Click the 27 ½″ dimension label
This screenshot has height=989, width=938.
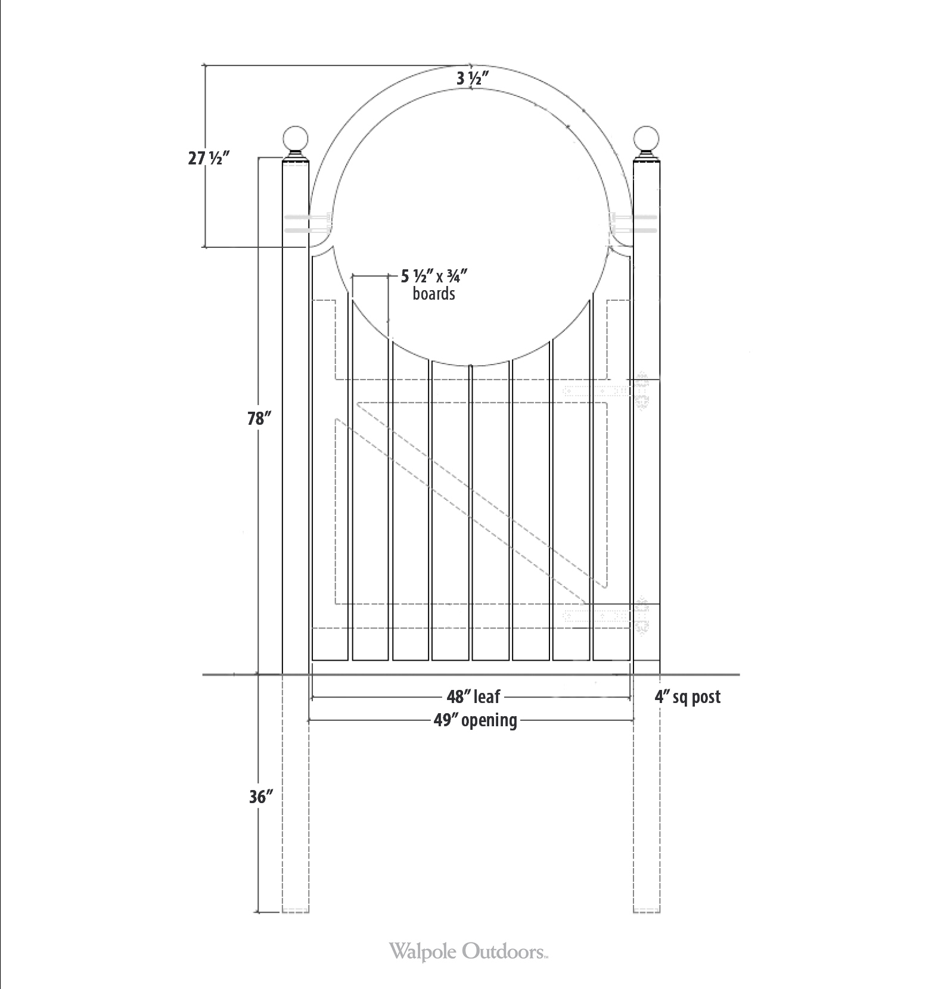[x=209, y=159]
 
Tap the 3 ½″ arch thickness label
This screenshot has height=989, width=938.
[x=473, y=78]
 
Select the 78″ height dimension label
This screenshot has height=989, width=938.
[x=259, y=419]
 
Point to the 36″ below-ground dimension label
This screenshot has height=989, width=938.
[x=260, y=797]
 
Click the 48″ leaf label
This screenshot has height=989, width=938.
[x=474, y=696]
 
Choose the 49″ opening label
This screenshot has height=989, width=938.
[x=475, y=720]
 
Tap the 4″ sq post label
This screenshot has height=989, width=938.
[x=687, y=696]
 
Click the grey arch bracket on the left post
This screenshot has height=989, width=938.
[x=308, y=223]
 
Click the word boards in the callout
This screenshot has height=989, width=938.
[x=434, y=294]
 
